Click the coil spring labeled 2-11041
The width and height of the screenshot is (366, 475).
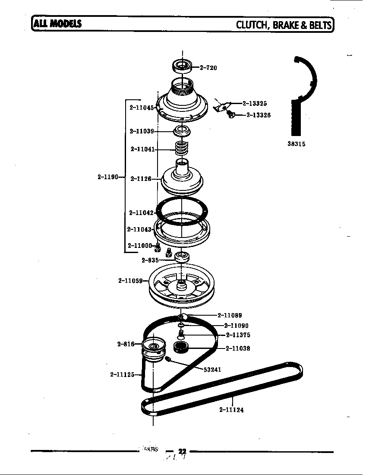click(x=182, y=149)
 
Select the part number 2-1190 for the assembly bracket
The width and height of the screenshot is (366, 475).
click(x=107, y=177)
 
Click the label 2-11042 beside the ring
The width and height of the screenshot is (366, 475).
click(x=141, y=212)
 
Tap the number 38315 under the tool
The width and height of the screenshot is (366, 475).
click(x=296, y=144)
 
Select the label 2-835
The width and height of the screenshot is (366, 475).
click(x=150, y=260)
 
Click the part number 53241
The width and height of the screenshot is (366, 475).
click(x=212, y=369)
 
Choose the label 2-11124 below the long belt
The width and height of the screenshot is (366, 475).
click(x=231, y=410)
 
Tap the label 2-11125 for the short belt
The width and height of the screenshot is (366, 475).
click(x=123, y=374)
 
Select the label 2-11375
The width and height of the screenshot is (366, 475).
click(x=238, y=335)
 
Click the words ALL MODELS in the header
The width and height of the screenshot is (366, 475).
click(x=56, y=23)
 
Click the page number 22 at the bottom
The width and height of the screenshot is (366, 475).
click(x=176, y=450)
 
